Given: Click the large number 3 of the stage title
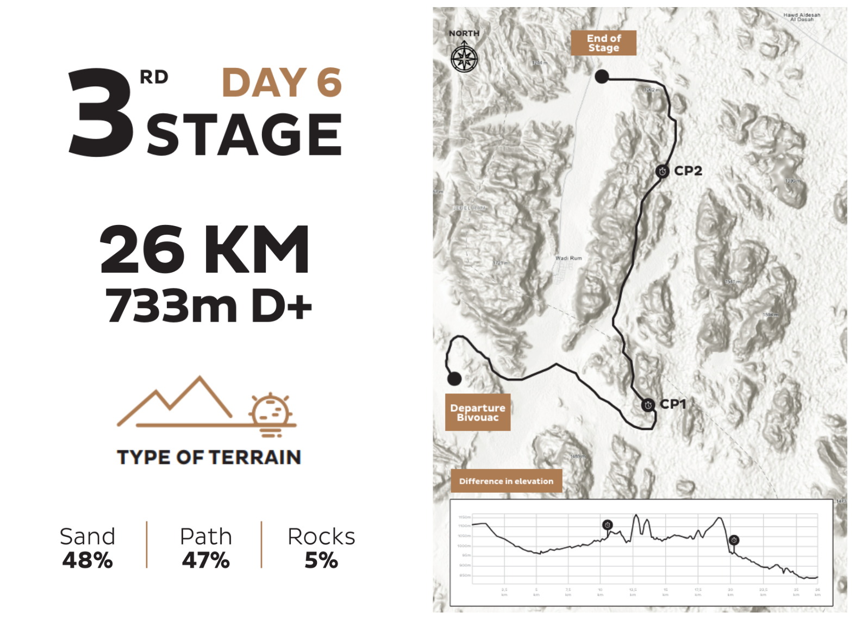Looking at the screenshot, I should tap(101, 113).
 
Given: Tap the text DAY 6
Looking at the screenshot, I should tap(282, 83).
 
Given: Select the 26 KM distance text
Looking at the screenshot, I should tap(205, 249).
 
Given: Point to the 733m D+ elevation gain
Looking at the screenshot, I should tap(209, 306).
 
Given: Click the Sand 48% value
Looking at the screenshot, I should tap(88, 560).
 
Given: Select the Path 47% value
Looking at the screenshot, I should tap(205, 560).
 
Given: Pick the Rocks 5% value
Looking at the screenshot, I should tap(321, 560).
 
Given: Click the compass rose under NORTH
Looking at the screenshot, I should tap(464, 59).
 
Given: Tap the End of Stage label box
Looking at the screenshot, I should tap(603, 43).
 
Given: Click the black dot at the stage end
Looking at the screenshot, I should tap(602, 77).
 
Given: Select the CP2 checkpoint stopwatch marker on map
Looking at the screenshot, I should tap(662, 172).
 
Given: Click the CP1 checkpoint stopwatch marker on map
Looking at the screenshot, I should tap(648, 405).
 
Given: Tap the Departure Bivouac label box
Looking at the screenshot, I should tap(478, 412).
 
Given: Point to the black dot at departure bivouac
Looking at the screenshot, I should tap(454, 378).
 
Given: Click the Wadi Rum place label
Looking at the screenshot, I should tap(568, 258).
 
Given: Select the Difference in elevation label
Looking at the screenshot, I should tap(506, 481).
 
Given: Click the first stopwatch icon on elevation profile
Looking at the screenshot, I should tap(608, 525).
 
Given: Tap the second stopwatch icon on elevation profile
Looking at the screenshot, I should tap(734, 540).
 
